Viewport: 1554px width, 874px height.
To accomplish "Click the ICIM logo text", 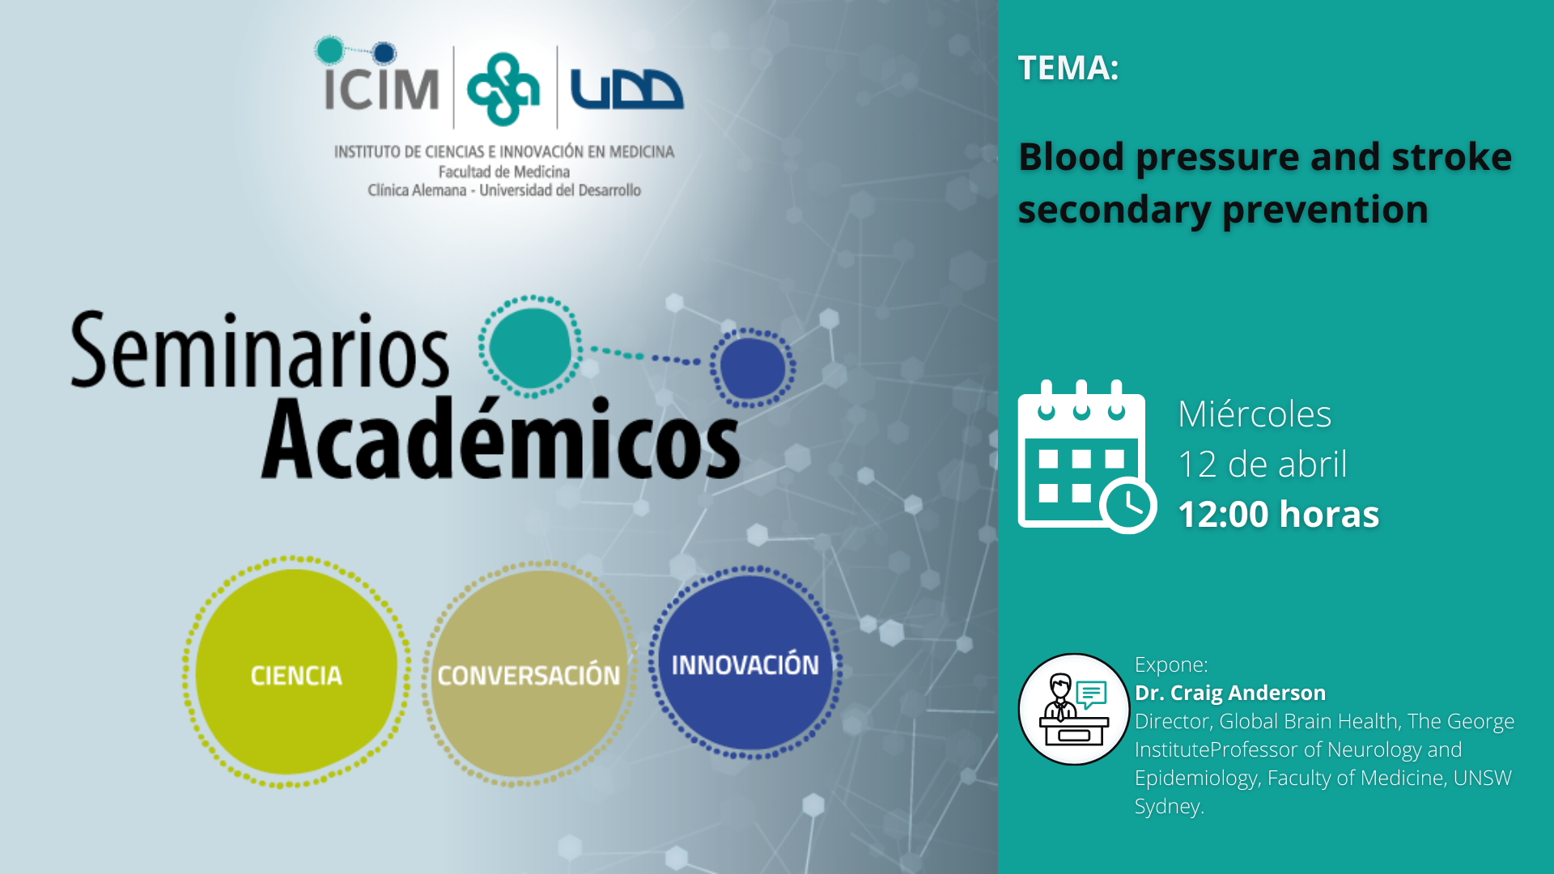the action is [x=380, y=88].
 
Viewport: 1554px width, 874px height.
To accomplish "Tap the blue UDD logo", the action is [x=626, y=89].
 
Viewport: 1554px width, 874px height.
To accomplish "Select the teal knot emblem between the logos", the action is [x=503, y=89].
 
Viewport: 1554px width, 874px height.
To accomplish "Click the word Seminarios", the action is [x=259, y=351].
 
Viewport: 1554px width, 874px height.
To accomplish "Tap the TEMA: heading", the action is [x=1068, y=68].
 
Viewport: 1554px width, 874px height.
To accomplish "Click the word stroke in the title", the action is [x=1451, y=156].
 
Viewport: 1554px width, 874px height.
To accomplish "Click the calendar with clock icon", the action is [x=1087, y=456].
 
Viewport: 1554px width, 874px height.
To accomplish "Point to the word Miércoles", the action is [x=1255, y=414].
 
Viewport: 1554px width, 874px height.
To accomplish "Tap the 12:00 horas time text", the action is [x=1279, y=515].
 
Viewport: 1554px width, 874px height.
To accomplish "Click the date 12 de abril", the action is [x=1263, y=465].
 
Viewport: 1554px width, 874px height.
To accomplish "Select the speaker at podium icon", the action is [x=1074, y=709].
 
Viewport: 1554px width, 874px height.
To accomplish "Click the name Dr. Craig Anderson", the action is [x=1230, y=693].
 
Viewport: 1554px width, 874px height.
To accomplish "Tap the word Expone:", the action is [x=1171, y=664].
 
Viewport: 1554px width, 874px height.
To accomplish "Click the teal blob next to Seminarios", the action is [x=531, y=346].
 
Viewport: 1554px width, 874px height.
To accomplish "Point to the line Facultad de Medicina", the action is [x=504, y=172].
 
